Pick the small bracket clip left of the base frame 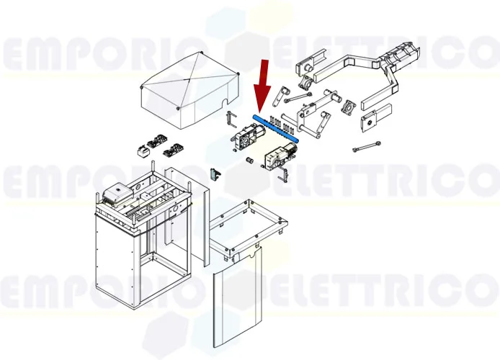click(x=214, y=174)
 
